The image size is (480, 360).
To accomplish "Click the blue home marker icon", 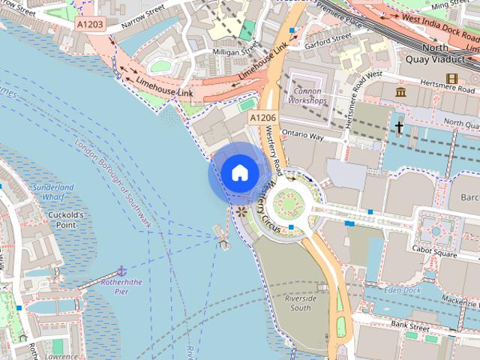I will tap(239, 172).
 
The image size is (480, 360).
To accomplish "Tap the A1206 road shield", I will tap(263, 118).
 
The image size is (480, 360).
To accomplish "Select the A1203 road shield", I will tap(90, 25).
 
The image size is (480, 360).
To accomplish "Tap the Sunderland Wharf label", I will tap(53, 192).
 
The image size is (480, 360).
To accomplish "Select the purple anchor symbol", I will tap(121, 270).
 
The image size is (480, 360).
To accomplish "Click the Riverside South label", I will tap(300, 303).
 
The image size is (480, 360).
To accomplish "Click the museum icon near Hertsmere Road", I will tap(400, 91).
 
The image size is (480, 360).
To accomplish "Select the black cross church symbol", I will tap(399, 127).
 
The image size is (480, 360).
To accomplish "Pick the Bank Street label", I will tap(410, 327).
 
